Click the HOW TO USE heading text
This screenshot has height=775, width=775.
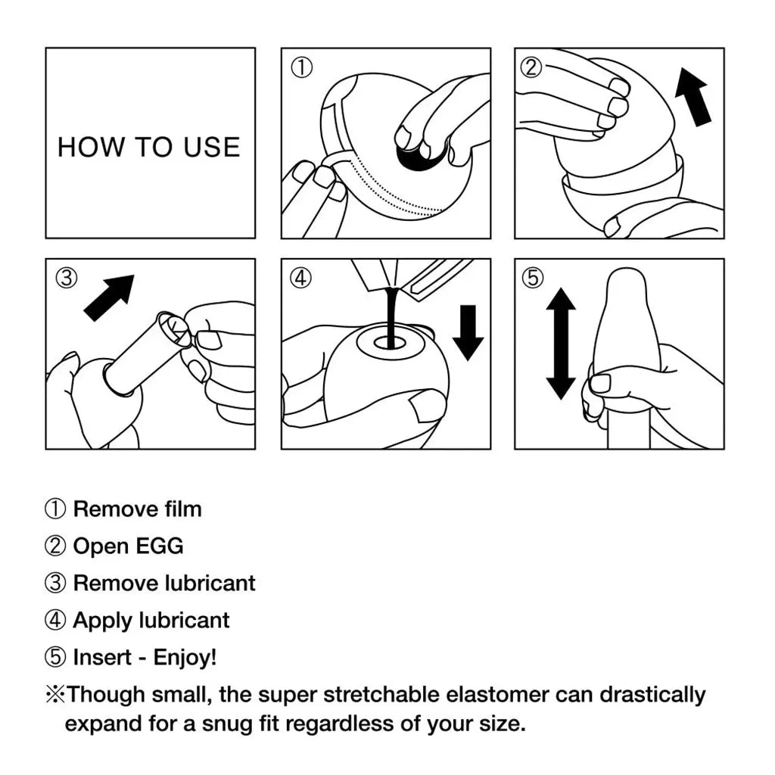tap(149, 147)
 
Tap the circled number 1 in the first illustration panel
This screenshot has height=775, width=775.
tap(301, 67)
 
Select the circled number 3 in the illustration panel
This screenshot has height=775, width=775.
tap(67, 278)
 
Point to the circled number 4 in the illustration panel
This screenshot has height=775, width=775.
tap(301, 278)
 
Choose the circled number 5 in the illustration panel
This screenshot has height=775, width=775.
tap(534, 278)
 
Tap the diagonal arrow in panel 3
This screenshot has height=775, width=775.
tap(109, 297)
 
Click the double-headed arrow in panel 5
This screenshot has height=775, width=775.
tap(560, 343)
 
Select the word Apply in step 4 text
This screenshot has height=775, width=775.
tap(103, 621)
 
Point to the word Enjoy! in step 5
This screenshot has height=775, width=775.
tap(185, 657)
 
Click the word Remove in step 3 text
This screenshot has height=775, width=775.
tap(116, 583)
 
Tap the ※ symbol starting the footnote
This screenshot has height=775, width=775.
tap(54, 694)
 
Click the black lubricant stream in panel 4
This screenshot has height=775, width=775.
tap(391, 318)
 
